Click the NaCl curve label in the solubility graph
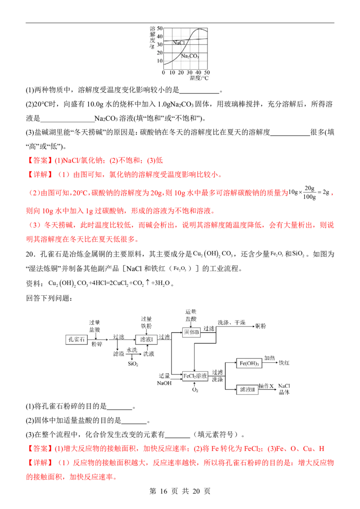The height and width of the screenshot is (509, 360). coord(179,43)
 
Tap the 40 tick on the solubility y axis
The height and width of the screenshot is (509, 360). coord(160,36)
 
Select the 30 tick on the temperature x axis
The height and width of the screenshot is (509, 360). coord(189,72)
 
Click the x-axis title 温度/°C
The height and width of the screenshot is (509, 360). coord(199,78)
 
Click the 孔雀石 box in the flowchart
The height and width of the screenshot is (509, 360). coord(76,339)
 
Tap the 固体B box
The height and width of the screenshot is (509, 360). coord(191,332)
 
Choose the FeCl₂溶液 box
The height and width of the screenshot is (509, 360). coord(195,376)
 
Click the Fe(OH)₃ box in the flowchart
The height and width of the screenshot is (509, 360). coord(249,363)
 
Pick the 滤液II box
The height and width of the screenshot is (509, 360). coord(247,389)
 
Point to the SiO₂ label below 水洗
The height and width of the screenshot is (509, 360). coord(133,364)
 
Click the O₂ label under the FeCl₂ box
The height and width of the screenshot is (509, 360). coord(195,389)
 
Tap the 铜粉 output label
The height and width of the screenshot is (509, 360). coord(261,326)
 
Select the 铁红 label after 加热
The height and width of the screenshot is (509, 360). coord(284,363)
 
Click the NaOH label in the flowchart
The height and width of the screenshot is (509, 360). coord(164,383)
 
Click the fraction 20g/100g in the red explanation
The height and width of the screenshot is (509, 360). coord(309,192)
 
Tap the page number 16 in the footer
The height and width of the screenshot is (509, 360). coord(164,491)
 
